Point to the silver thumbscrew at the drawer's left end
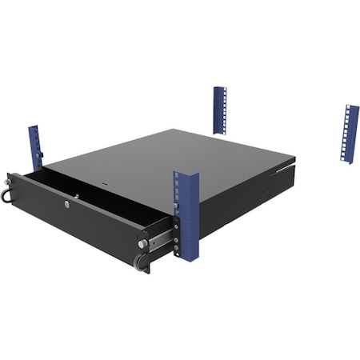[11, 182]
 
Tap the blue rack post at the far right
[350, 133]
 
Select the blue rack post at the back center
[219, 110]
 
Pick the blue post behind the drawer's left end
[35, 146]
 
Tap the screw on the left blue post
[42, 154]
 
